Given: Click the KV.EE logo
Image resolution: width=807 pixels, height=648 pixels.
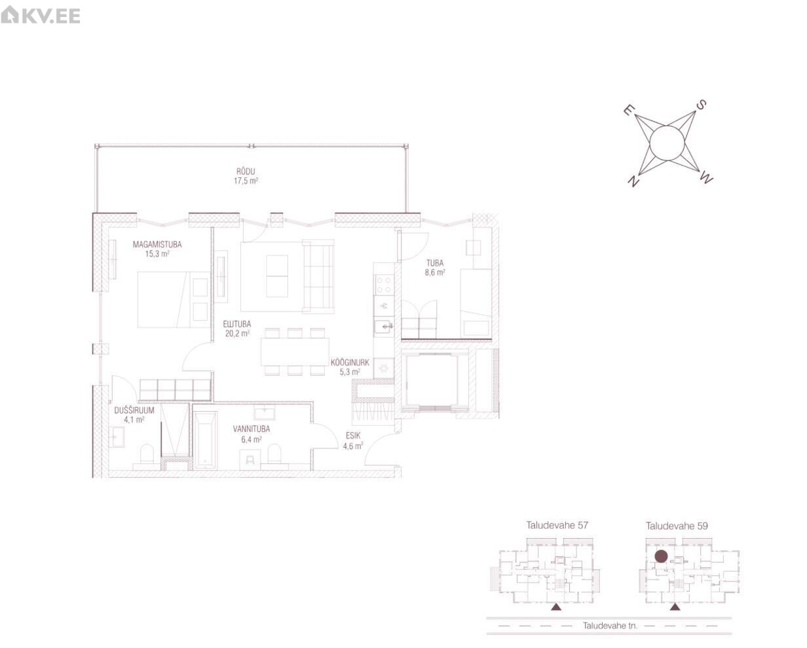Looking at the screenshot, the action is click(40, 15).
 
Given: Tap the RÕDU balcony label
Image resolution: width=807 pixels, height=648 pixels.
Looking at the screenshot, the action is click(246, 171).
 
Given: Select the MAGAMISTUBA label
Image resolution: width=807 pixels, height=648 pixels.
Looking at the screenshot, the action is click(157, 244).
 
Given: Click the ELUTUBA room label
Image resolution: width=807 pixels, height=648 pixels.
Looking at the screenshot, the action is click(236, 324).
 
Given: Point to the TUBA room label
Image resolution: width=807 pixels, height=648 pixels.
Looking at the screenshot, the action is click(435, 263).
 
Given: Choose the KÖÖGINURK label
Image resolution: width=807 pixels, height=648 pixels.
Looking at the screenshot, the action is click(350, 363).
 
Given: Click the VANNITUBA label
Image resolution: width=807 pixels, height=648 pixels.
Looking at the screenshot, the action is click(252, 429).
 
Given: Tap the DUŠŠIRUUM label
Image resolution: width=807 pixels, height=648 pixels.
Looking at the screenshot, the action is click(134, 410).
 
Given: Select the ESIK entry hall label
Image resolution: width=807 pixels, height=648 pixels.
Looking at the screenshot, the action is click(353, 435).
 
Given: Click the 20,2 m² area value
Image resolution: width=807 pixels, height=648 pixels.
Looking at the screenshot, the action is click(237, 333).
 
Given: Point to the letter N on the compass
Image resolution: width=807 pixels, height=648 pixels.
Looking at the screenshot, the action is click(633, 181).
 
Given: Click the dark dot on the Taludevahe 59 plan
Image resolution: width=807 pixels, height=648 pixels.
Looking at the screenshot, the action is click(661, 556).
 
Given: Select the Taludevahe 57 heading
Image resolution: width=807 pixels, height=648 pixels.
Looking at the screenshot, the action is click(557, 525).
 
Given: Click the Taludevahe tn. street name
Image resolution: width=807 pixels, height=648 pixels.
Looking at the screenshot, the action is click(610, 626).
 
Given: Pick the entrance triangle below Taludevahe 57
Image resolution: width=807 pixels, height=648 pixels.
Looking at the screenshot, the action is click(556, 607).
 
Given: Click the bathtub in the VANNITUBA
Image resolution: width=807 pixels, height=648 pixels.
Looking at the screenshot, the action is click(206, 440).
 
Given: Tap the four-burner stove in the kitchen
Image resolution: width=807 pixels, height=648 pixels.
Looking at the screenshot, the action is click(384, 285).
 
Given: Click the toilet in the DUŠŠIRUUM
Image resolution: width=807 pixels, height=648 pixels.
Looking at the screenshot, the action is click(147, 456).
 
